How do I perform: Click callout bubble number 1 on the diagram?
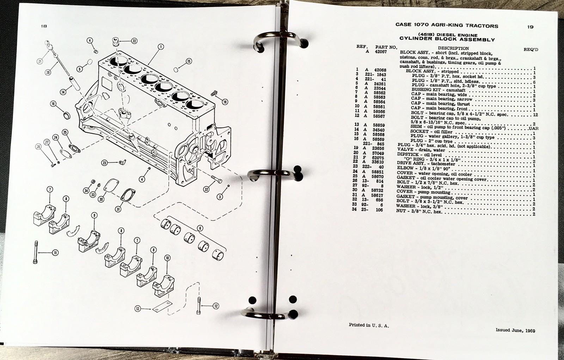[161, 47]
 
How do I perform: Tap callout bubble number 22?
[134, 41]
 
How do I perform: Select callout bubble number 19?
[225, 102]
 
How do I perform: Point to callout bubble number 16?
[53, 104]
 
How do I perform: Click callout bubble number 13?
[137, 309]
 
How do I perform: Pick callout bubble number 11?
[55, 252]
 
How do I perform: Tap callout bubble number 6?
[200, 228]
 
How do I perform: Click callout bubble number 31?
[118, 209]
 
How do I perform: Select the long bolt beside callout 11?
[36, 252]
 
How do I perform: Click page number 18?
[44, 26]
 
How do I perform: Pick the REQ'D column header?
[531, 50]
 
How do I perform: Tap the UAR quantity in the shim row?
[533, 128]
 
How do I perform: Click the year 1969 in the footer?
[530, 330]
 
